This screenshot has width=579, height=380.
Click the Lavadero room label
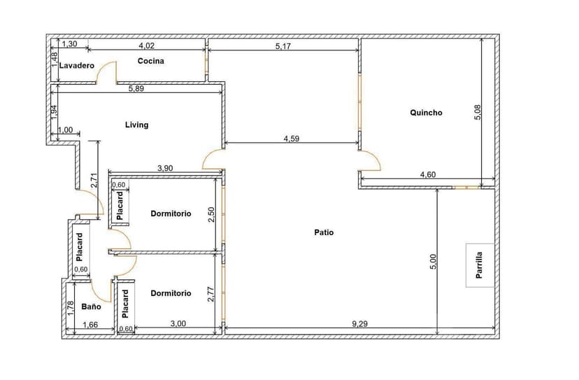[x=76, y=66]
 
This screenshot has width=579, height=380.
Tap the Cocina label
[x=150, y=61]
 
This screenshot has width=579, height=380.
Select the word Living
[x=136, y=125]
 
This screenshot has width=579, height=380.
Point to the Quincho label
[x=426, y=112]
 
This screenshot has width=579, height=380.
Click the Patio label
[x=324, y=232]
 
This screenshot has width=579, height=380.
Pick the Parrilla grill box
[x=479, y=265]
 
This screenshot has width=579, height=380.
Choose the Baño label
[x=91, y=307]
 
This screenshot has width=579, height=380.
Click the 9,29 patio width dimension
[x=359, y=323]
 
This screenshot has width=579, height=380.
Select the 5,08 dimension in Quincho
[x=478, y=112]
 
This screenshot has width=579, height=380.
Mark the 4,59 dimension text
[x=292, y=139]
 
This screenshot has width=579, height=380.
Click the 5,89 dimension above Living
[x=136, y=88]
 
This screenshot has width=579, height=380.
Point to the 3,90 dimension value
[x=165, y=168]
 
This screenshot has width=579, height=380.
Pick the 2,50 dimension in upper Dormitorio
[x=211, y=215]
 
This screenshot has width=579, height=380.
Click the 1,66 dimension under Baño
[x=90, y=324]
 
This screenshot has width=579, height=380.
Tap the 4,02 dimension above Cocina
[x=146, y=46]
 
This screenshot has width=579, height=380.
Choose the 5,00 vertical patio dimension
[x=433, y=261]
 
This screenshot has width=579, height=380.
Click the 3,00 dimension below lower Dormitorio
[x=178, y=323]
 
